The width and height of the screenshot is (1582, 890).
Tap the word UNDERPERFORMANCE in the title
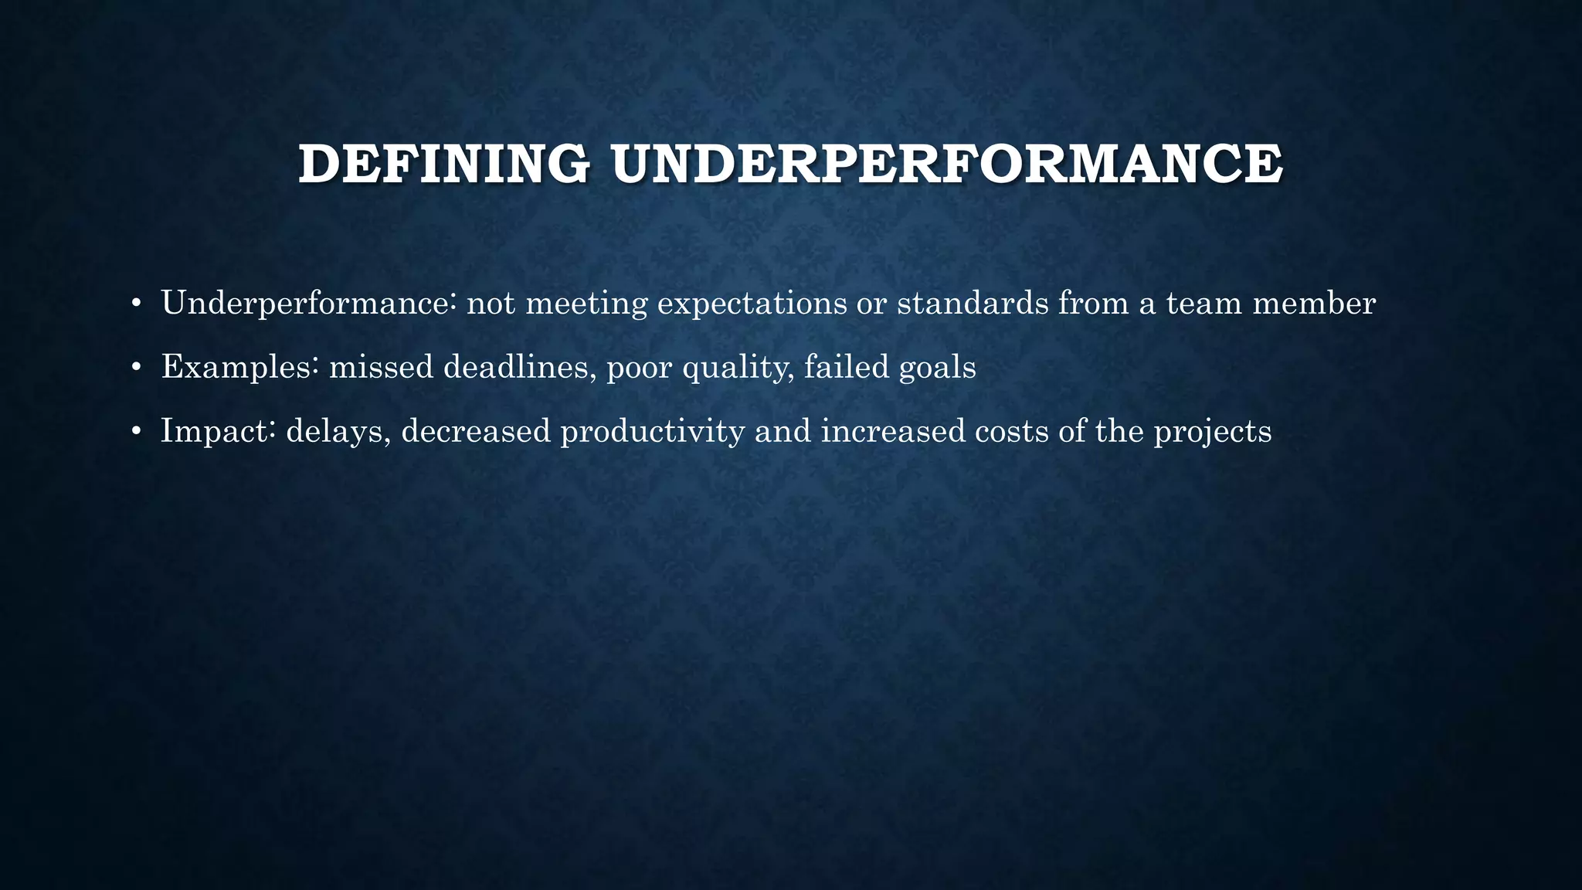tap(947, 164)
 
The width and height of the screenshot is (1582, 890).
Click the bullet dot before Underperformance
tap(136, 304)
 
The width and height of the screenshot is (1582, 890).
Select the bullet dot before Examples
tap(136, 368)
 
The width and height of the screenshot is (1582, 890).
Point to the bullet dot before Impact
tap(136, 432)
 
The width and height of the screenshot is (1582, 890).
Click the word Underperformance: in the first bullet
tap(309, 303)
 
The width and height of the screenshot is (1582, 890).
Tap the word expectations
tap(752, 303)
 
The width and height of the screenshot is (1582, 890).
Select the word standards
tap(973, 303)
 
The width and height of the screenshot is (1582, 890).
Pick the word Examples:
tap(240, 367)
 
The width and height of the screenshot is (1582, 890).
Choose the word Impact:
tap(219, 431)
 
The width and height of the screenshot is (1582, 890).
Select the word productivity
tap(653, 431)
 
